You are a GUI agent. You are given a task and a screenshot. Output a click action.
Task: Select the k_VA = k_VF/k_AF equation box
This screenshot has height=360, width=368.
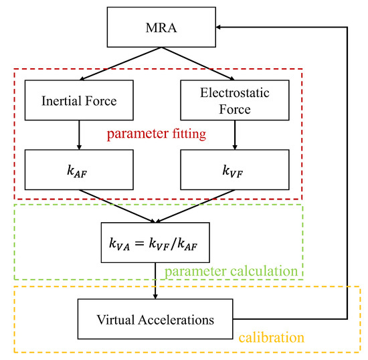155,244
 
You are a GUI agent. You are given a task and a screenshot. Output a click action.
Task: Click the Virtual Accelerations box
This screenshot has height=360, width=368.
155,319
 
